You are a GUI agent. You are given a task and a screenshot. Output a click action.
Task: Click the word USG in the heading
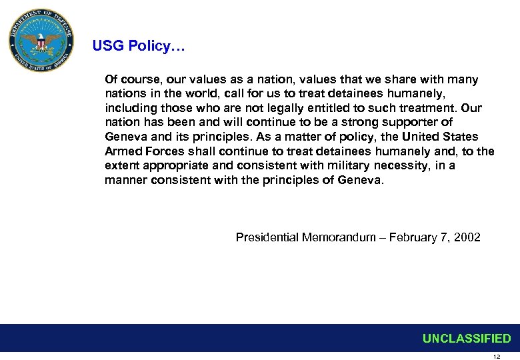pyautogui.click(x=106, y=47)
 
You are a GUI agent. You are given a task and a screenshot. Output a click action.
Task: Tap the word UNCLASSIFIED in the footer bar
pyautogui.click(x=467, y=339)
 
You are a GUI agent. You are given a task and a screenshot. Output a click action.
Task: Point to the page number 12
pyautogui.click(x=495, y=357)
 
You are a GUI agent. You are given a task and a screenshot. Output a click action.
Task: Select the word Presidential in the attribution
pyautogui.click(x=267, y=237)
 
